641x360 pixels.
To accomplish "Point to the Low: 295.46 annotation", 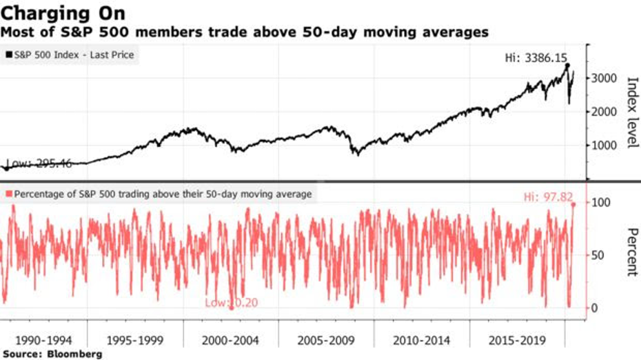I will [34, 163].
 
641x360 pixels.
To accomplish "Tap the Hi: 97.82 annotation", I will [549, 197].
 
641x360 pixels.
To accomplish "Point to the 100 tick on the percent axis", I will [600, 203].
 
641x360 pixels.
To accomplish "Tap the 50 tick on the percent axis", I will [597, 255].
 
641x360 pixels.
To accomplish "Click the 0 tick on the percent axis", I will [594, 308].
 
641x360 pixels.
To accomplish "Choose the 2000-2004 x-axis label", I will [231, 341].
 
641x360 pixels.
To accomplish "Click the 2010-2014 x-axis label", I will [421, 341].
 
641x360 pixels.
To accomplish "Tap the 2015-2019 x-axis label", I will [516, 341].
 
